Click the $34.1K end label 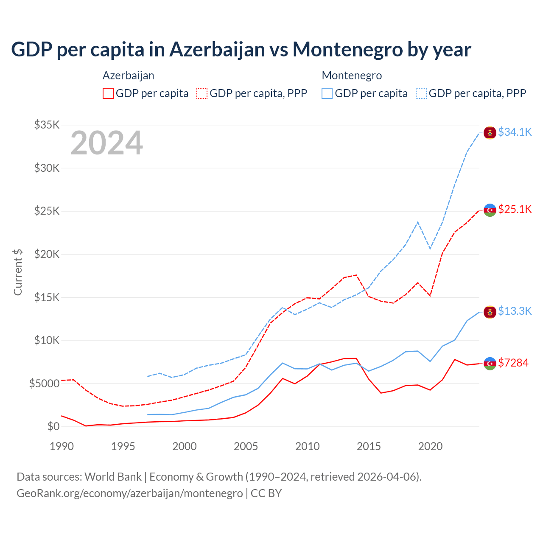pyautogui.click(x=515, y=132)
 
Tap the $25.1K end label pyautogui.click(x=515, y=209)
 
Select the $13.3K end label pyautogui.click(x=515, y=311)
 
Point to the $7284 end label pyautogui.click(x=513, y=363)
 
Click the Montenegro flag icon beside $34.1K pyautogui.click(x=490, y=132)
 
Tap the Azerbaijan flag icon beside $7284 pyautogui.click(x=490, y=364)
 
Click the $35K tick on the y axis pyautogui.click(x=47, y=125)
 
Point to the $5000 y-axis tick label pyautogui.click(x=44, y=383)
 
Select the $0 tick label pyautogui.click(x=53, y=426)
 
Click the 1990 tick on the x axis pyautogui.click(x=62, y=446)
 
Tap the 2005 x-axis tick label pyautogui.click(x=246, y=446)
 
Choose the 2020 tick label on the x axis pyautogui.click(x=430, y=446)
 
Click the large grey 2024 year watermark pyautogui.click(x=106, y=143)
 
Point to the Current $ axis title pyautogui.click(x=18, y=272)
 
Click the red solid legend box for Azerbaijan pyautogui.click(x=108, y=93)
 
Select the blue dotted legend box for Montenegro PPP pyautogui.click(x=421, y=93)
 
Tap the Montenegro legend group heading pyautogui.click(x=352, y=76)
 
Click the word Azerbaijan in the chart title pyautogui.click(x=217, y=49)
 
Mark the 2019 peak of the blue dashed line pyautogui.click(x=418, y=222)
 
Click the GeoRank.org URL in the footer pyautogui.click(x=129, y=493)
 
